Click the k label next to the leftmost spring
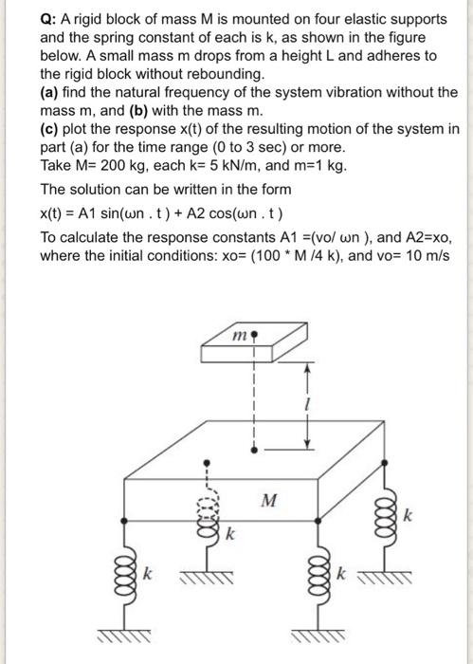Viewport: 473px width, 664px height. coord(147,575)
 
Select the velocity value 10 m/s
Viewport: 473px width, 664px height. coord(424,255)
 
